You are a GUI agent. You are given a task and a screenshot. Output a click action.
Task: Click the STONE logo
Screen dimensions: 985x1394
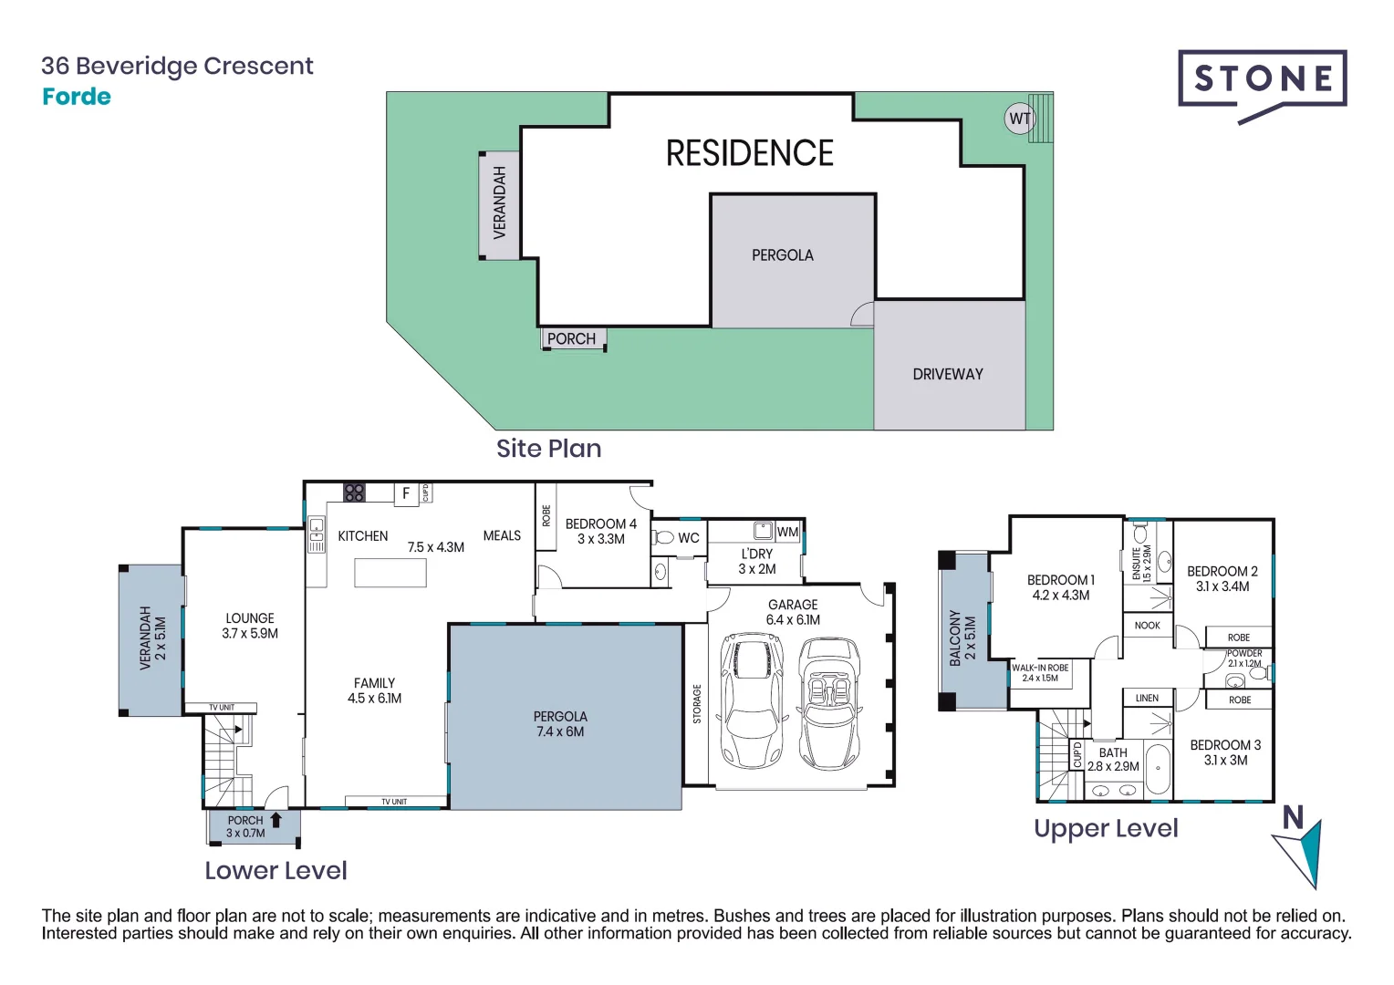[1262, 80]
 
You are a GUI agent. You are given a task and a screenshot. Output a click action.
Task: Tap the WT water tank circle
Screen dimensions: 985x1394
[1019, 119]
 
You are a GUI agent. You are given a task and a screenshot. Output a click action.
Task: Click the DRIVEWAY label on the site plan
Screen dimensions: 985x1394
[948, 374]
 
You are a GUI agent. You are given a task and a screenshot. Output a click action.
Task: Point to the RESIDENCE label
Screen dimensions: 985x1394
[749, 153]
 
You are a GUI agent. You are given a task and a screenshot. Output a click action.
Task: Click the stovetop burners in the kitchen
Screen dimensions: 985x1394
[354, 493]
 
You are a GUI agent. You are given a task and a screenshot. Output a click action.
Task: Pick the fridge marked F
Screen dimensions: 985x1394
[406, 493]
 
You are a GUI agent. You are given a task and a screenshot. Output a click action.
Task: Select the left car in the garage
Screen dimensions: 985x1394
[752, 700]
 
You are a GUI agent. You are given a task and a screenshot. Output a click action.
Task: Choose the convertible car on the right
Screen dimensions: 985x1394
[829, 703]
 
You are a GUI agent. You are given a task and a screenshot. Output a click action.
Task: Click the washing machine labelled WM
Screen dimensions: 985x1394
[787, 532]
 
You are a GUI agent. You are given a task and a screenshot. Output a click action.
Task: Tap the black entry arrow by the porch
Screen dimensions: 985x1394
[276, 820]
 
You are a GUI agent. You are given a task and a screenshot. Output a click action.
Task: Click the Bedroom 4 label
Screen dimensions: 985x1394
[600, 531]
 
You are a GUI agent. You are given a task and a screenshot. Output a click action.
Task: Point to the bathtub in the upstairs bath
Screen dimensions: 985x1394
[1158, 771]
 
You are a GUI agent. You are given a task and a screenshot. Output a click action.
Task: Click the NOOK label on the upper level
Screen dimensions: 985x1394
[1147, 626]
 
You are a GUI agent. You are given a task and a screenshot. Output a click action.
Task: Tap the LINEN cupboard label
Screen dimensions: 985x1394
[1147, 699]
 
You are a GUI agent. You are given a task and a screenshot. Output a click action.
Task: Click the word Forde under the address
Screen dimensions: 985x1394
[77, 97]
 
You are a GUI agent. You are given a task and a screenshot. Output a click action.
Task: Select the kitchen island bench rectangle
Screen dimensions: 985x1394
[390, 573]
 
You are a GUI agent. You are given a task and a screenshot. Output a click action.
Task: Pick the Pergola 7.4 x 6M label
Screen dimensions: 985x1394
[560, 724]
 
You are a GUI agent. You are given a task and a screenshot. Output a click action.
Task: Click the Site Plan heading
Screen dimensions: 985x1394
[548, 449]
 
